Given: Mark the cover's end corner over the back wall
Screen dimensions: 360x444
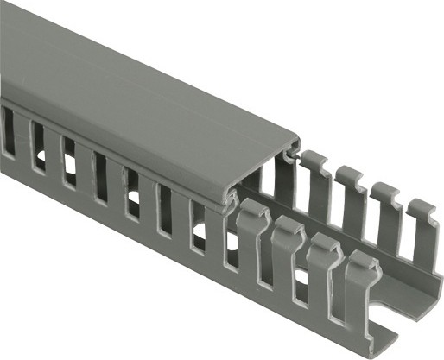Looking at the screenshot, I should (298, 141).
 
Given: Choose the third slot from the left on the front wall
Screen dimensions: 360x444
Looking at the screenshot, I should (68, 160).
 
